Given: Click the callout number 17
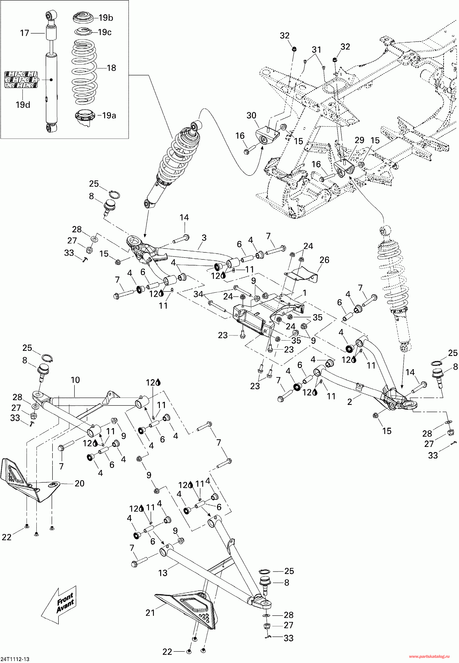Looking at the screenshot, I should click(25, 33).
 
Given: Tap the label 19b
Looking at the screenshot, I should click(106, 18).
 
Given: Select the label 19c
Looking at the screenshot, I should click(104, 32).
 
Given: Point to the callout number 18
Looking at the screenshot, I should click(111, 68).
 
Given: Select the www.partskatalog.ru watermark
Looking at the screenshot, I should click(429, 656).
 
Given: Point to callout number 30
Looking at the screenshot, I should click(251, 116).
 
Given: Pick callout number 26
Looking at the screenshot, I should click(324, 260).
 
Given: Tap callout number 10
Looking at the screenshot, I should click(75, 380).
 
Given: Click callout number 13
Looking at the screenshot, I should click(163, 573).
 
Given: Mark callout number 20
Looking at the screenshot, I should click(79, 483).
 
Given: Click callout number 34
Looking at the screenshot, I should click(198, 294).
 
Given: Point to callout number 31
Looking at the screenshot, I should click(316, 50).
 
